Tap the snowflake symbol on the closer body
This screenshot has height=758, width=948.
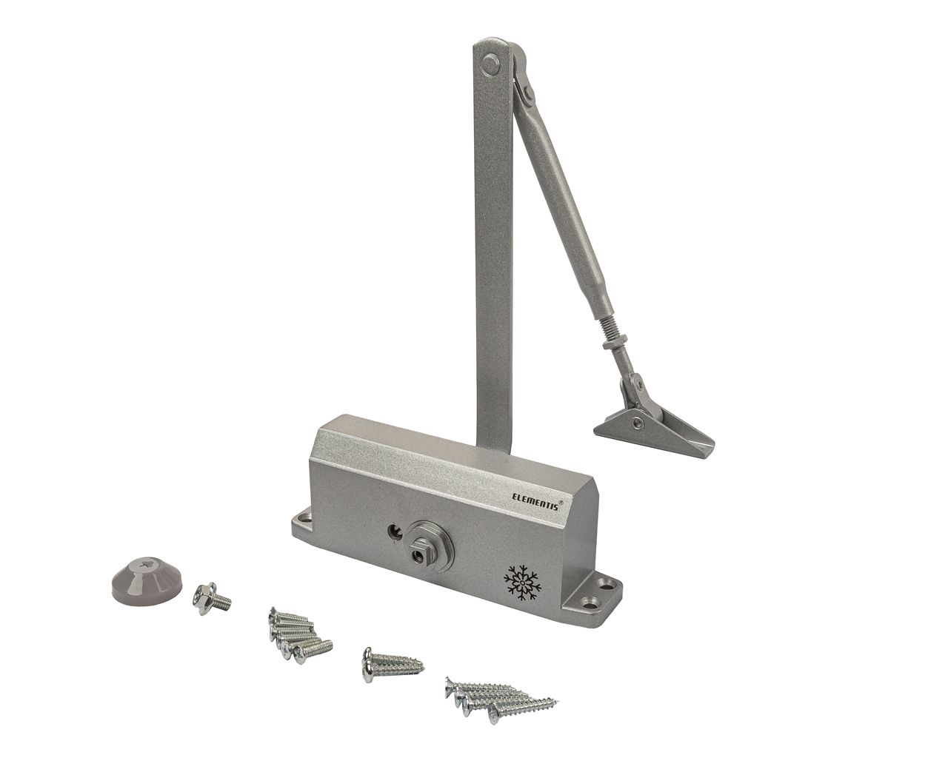521,583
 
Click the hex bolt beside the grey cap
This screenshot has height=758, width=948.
211,598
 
